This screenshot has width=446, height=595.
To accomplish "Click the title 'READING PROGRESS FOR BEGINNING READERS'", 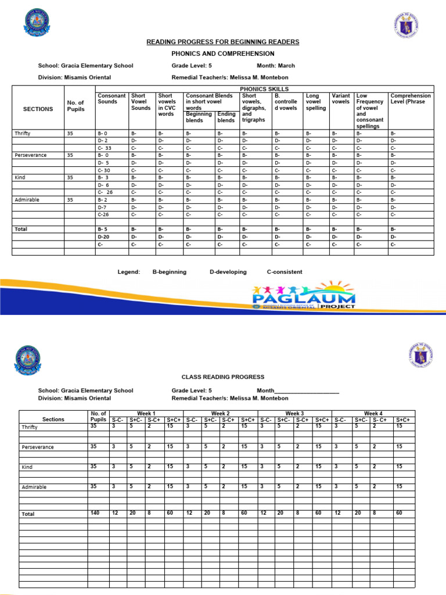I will coord(224,42).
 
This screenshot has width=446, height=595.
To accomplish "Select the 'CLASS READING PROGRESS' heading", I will coord(223,377).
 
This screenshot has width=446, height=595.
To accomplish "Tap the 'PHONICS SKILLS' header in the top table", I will coord(264,89).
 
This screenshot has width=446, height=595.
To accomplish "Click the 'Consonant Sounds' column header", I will coord(111,99).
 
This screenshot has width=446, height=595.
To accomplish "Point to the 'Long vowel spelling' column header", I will coord(315,102).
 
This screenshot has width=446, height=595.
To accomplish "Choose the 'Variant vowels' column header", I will coord(341,99).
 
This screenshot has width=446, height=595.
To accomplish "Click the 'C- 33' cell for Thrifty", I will coord(105,148).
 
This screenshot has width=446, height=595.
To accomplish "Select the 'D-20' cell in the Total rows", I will coord(104,236).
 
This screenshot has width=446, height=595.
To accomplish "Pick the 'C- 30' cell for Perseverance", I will coord(105,170).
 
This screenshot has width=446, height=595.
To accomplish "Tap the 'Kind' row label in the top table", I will coord(20,177).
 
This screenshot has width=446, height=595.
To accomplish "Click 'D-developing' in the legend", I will coord(228,272).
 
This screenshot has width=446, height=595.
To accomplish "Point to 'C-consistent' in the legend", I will coord(285,272).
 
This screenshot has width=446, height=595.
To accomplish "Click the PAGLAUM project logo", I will coord(304,296).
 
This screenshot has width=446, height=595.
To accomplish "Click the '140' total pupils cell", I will coord(96,513).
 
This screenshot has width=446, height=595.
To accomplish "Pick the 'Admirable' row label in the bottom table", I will coord(34,487).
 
